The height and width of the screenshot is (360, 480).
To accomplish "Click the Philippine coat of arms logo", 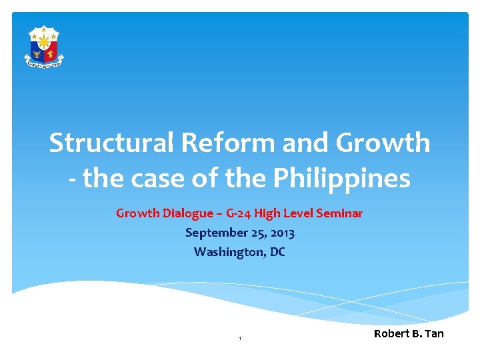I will tap(44, 47).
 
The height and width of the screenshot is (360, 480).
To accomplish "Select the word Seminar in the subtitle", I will tap(339, 213).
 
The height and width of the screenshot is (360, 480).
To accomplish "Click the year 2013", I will tap(283, 233).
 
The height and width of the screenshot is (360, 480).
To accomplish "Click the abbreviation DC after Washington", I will tap(277, 252).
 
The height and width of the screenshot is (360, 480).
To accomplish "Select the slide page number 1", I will tap(239, 339).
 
